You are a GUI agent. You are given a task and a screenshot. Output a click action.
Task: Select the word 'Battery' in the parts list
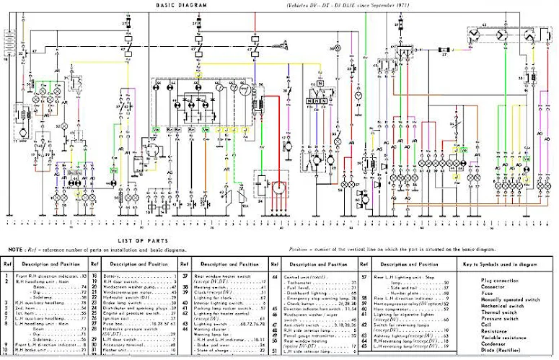click(115, 276)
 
